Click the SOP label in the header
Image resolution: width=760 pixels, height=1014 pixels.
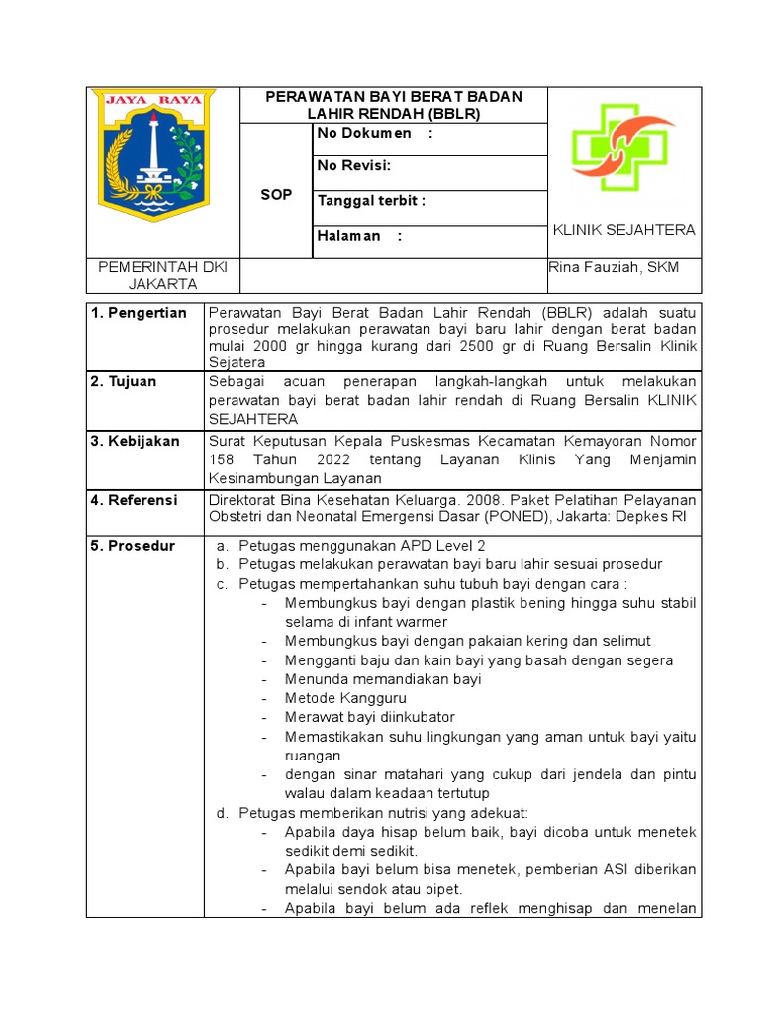point(276,195)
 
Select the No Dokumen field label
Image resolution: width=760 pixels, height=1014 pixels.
point(375,134)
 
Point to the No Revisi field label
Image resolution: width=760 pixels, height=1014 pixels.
point(353,165)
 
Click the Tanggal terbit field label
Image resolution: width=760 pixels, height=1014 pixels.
point(371,201)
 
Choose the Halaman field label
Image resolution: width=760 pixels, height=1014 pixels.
point(359,236)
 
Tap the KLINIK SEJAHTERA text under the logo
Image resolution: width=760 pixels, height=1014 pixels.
point(623,230)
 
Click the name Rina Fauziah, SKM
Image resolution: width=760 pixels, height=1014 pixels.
point(614,268)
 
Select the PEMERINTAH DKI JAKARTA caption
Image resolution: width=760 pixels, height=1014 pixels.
point(162,276)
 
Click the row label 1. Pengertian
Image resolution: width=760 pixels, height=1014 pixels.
point(139,313)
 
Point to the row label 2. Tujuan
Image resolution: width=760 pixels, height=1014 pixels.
point(125,381)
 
